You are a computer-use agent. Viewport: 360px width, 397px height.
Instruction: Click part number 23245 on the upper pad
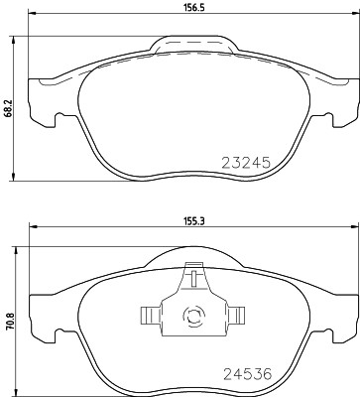pos(246,161)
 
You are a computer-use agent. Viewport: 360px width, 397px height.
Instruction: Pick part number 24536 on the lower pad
pos(246,375)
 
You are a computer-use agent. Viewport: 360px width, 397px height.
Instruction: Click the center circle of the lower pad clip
pos(193,318)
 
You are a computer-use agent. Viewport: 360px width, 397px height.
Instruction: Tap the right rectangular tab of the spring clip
pos(237,317)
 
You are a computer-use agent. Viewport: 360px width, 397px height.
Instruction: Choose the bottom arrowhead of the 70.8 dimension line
pos(13,388)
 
